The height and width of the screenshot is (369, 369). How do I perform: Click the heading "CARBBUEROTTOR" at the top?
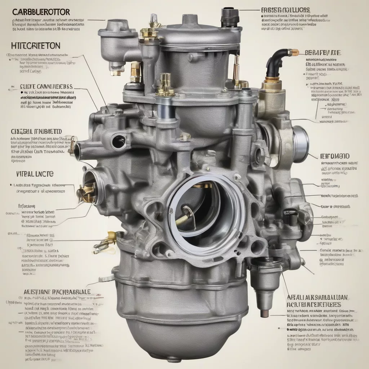click(x=41, y=12)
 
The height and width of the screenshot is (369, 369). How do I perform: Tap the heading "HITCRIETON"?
click(x=33, y=46)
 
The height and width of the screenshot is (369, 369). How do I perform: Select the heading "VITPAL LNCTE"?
click(x=35, y=174)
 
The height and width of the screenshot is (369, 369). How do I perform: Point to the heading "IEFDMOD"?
click(x=334, y=156)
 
